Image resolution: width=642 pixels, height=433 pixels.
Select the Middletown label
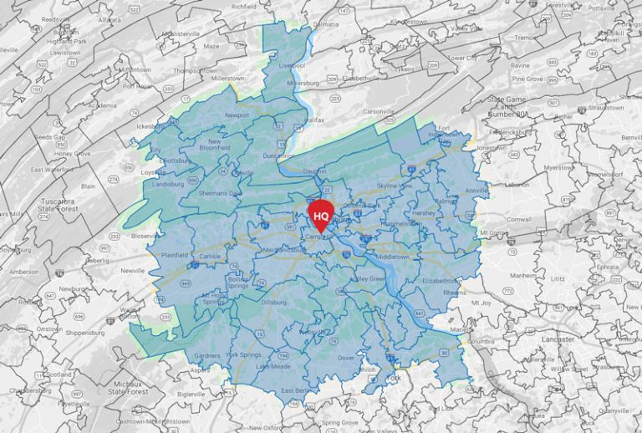click(392, 257)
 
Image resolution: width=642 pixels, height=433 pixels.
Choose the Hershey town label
click(424, 213)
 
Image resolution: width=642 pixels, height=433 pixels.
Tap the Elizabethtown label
click(442, 281)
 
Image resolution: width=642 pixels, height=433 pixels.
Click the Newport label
click(237, 115)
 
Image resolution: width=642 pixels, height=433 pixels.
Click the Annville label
click(476, 191)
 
